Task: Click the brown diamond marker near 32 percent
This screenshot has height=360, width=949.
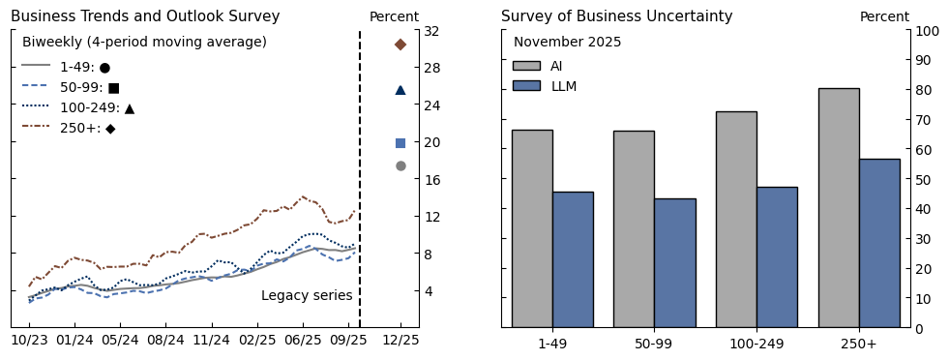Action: [x=400, y=45]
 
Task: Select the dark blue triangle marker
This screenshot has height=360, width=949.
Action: [x=400, y=90]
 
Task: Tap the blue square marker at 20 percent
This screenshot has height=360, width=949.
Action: [x=400, y=143]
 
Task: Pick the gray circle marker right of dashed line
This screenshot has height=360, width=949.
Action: [x=400, y=165]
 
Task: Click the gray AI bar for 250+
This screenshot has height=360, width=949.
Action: [x=838, y=207]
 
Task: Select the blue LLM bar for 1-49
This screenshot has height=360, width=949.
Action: [x=573, y=259]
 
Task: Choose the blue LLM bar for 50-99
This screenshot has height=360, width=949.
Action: [x=674, y=262]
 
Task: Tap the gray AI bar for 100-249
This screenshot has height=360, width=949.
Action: [x=736, y=219]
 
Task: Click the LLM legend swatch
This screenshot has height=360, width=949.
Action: [x=526, y=86]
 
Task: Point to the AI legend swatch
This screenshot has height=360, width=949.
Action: [x=526, y=66]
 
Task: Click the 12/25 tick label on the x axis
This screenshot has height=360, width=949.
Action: [x=400, y=341]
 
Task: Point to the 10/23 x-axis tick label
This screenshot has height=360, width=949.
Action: [x=30, y=341]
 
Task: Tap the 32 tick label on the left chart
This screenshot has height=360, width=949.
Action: [x=431, y=31]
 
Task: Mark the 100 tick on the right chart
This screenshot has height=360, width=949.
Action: [x=927, y=31]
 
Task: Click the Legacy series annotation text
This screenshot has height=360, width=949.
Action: [x=307, y=295]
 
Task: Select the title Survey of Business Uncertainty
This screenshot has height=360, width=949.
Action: [x=616, y=16]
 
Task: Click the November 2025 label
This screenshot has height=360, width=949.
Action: [x=567, y=43]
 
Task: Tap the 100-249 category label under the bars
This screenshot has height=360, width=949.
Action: [x=756, y=344]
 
